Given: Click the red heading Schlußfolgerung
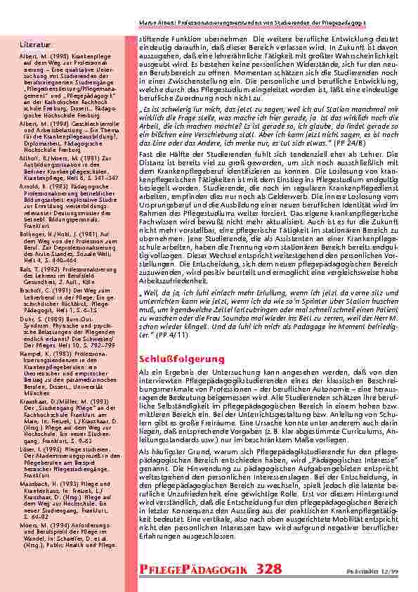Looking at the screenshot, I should pyautogui.click(x=172, y=359).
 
